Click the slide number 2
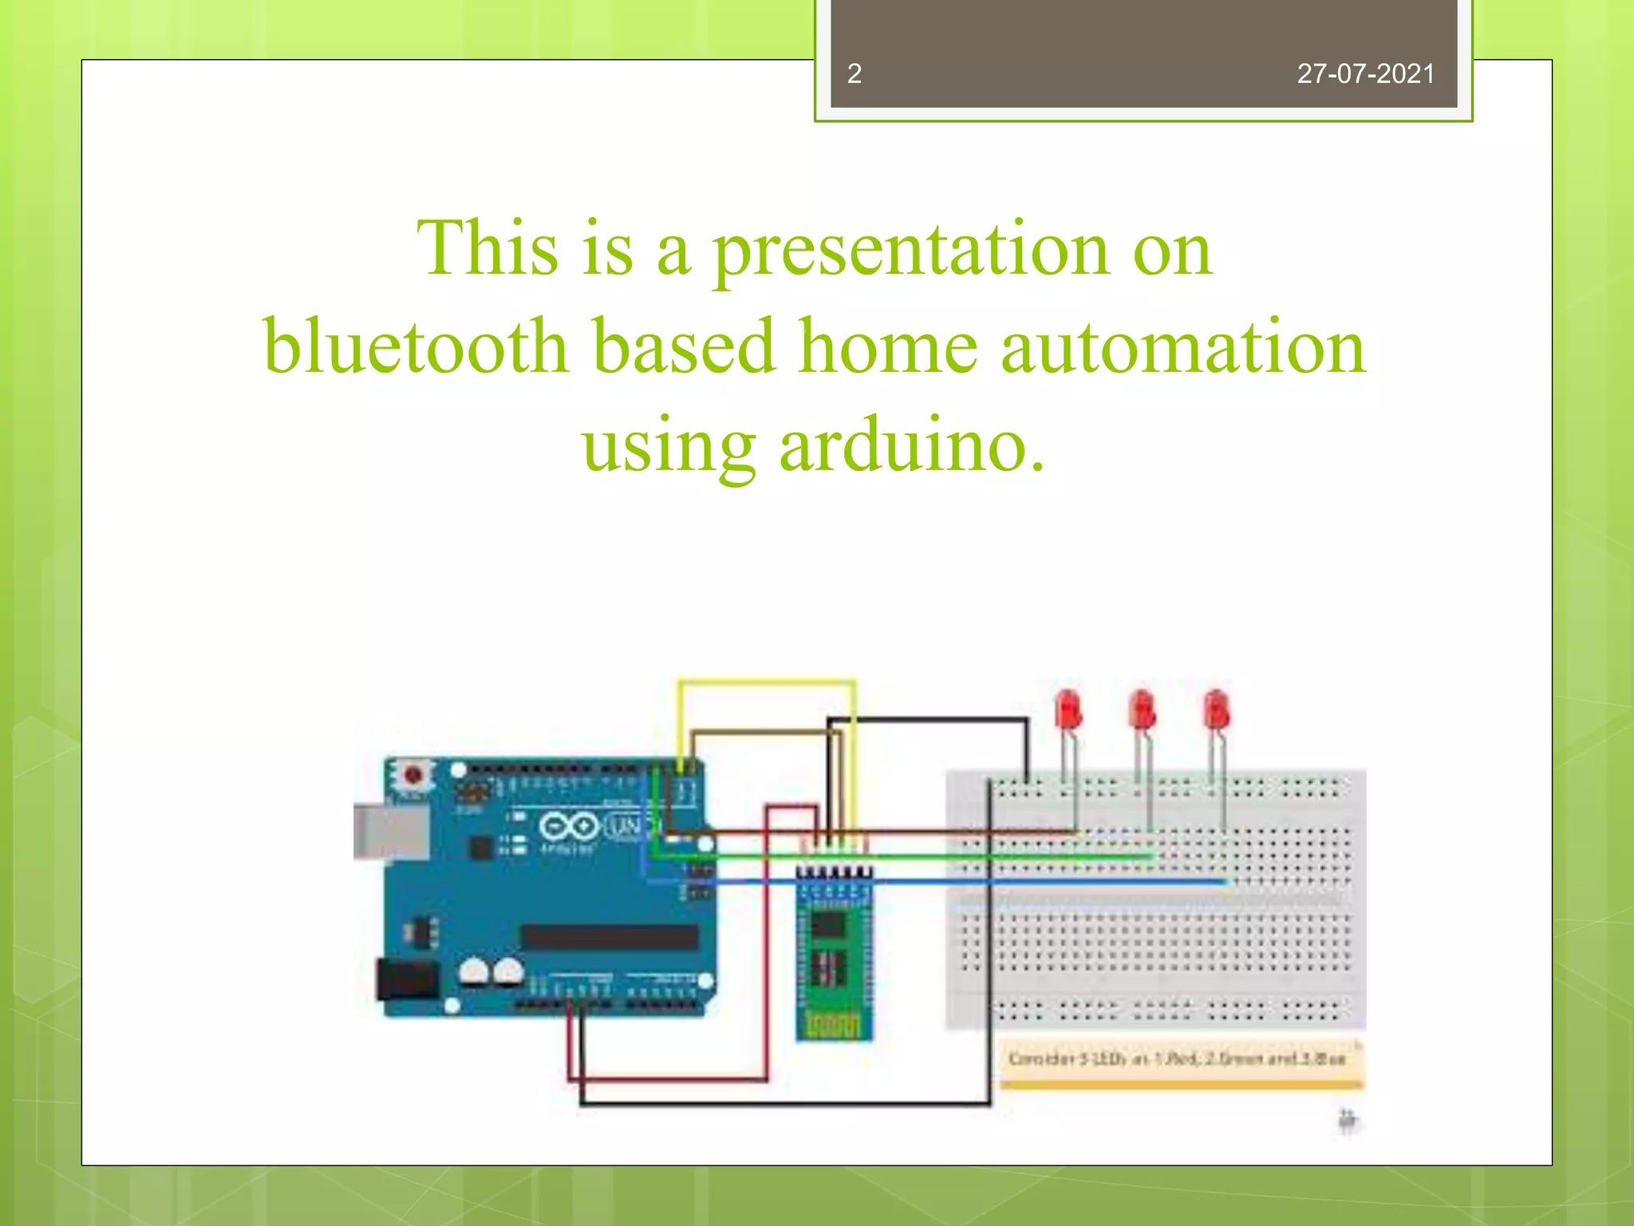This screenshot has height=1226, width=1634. pyautogui.click(x=854, y=74)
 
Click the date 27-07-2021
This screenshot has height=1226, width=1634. pyautogui.click(x=1365, y=74)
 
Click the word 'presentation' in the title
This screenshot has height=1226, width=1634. pyautogui.click(x=910, y=249)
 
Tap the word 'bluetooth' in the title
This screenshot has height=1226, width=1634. pyautogui.click(x=416, y=346)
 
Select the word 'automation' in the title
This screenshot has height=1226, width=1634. pyautogui.click(x=1183, y=346)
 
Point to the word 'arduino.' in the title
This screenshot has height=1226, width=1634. pyautogui.click(x=911, y=445)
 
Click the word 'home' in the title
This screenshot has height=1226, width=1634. pyautogui.click(x=888, y=346)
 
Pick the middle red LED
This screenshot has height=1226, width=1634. pyautogui.click(x=1142, y=710)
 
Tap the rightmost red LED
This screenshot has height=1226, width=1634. pyautogui.click(x=1216, y=710)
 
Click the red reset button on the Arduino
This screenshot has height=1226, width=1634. pyautogui.click(x=412, y=774)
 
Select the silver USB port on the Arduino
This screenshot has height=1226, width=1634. pyautogui.click(x=389, y=832)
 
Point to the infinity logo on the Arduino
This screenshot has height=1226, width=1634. pyautogui.click(x=569, y=826)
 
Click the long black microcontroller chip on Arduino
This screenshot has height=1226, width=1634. pyautogui.click(x=610, y=936)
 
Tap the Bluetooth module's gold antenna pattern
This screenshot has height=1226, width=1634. pyautogui.click(x=832, y=1023)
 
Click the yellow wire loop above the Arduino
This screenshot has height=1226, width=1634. pyautogui.click(x=766, y=682)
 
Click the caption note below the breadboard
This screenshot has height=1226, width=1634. pyautogui.click(x=1178, y=1059)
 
